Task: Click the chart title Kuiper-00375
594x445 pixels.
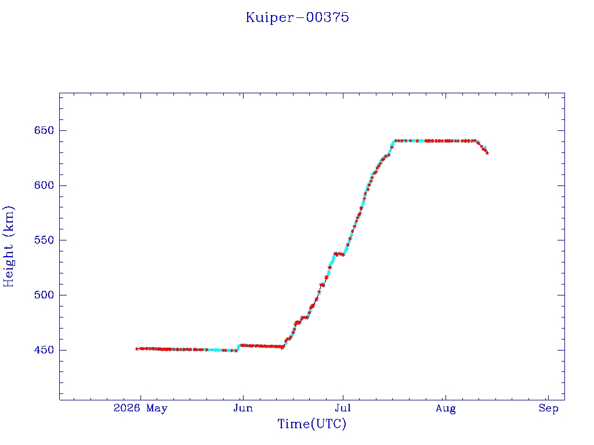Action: [298, 17]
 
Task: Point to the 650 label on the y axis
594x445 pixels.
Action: [44, 130]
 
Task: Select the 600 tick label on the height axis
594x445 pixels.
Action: [44, 185]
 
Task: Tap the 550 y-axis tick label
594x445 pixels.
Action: [44, 240]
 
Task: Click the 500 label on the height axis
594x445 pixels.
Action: [44, 295]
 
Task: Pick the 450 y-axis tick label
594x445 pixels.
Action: [44, 350]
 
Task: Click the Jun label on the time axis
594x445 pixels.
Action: [243, 408]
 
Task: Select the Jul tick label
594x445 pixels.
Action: [343, 408]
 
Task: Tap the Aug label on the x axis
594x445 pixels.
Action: [445, 408]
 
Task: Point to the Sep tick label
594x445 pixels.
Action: [549, 408]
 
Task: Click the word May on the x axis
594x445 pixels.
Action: [157, 408]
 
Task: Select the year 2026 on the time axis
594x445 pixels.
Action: [126, 408]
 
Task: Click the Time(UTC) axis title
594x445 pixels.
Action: [312, 424]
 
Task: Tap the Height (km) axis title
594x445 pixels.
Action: [8, 246]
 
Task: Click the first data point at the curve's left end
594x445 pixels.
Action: [137, 349]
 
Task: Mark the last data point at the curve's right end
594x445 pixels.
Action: [487, 153]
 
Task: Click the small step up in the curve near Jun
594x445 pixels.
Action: [238, 348]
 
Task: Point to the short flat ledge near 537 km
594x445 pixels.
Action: [339, 254]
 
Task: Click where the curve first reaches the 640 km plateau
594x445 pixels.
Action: [394, 141]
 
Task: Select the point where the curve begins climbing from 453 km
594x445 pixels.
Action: [282, 347]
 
